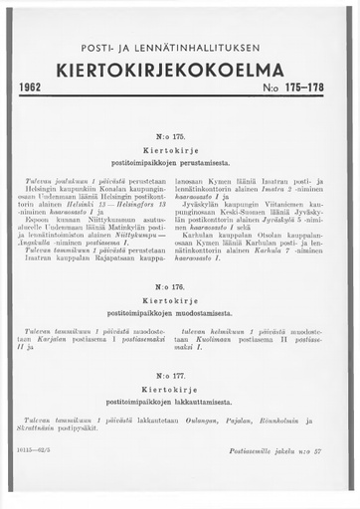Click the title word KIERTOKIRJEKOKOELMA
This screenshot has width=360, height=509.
click(179, 71)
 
